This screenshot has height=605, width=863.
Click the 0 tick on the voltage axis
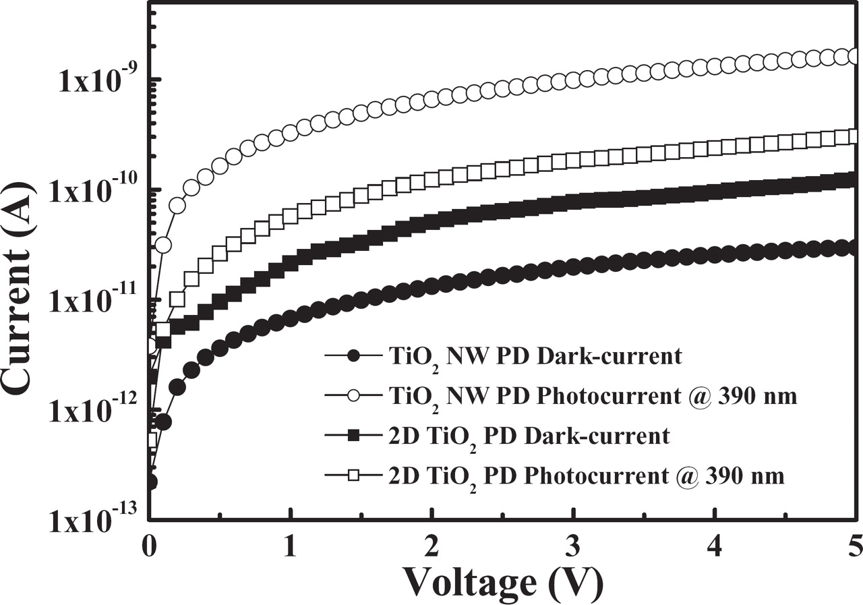click(x=150, y=543)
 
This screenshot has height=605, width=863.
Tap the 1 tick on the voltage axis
click(x=291, y=543)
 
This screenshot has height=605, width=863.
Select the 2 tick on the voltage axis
click(x=432, y=543)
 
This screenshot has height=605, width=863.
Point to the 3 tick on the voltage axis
click(x=574, y=543)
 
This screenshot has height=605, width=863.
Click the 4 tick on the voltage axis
click(x=715, y=543)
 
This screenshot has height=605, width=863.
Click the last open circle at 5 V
click(x=855, y=57)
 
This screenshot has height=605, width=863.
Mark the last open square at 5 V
click(x=855, y=137)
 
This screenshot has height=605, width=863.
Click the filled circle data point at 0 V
click(x=151, y=482)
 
